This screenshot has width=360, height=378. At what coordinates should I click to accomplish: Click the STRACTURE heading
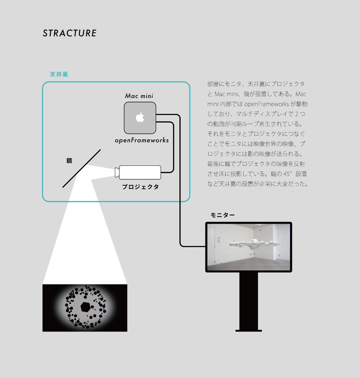point(69,33)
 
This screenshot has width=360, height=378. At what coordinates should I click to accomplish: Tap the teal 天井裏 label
point(59,74)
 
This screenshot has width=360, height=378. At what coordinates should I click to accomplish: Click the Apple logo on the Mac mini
point(140,118)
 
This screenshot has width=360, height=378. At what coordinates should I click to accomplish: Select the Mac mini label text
point(139,96)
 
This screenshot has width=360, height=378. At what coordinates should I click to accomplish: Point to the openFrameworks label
point(142,140)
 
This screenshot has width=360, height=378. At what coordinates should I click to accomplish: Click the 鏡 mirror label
point(69,161)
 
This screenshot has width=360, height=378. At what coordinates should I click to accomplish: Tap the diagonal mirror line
point(82,169)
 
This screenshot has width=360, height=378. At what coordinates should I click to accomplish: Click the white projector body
point(140,172)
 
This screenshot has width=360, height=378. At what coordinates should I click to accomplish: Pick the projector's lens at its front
point(117,172)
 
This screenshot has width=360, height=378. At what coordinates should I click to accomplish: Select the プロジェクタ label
point(141,187)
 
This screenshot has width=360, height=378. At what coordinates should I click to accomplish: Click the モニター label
point(223,215)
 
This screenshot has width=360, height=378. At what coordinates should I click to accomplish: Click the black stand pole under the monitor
point(249,300)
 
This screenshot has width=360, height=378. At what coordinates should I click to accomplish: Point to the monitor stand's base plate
point(249,330)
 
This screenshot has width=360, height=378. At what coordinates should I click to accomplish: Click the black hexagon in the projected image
point(86,307)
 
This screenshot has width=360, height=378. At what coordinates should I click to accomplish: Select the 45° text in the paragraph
point(288,174)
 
